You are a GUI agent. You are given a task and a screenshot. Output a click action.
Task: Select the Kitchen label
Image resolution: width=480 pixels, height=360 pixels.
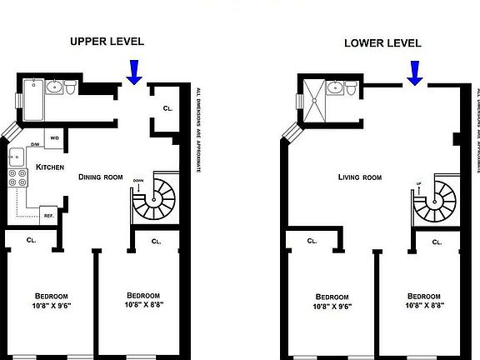(x=50, y=168)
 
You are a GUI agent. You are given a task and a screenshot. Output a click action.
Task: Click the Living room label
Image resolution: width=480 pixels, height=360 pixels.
(x=360, y=177)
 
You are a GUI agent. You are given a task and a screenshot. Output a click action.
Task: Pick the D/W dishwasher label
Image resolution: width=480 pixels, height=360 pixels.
(x=36, y=144)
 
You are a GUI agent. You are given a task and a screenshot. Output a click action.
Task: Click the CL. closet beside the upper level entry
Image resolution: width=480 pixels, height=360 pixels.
(x=167, y=108)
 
